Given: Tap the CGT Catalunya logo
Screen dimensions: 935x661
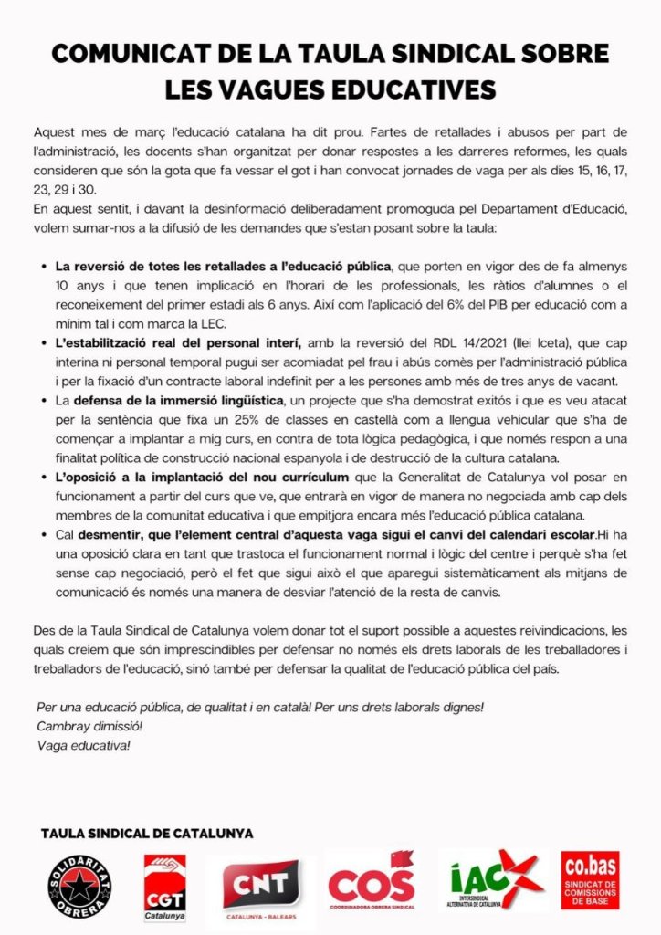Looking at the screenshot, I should [164, 887].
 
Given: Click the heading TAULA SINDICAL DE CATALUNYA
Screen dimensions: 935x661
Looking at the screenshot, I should [147, 834].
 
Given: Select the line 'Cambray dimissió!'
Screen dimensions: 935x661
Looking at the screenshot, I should [89, 726].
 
